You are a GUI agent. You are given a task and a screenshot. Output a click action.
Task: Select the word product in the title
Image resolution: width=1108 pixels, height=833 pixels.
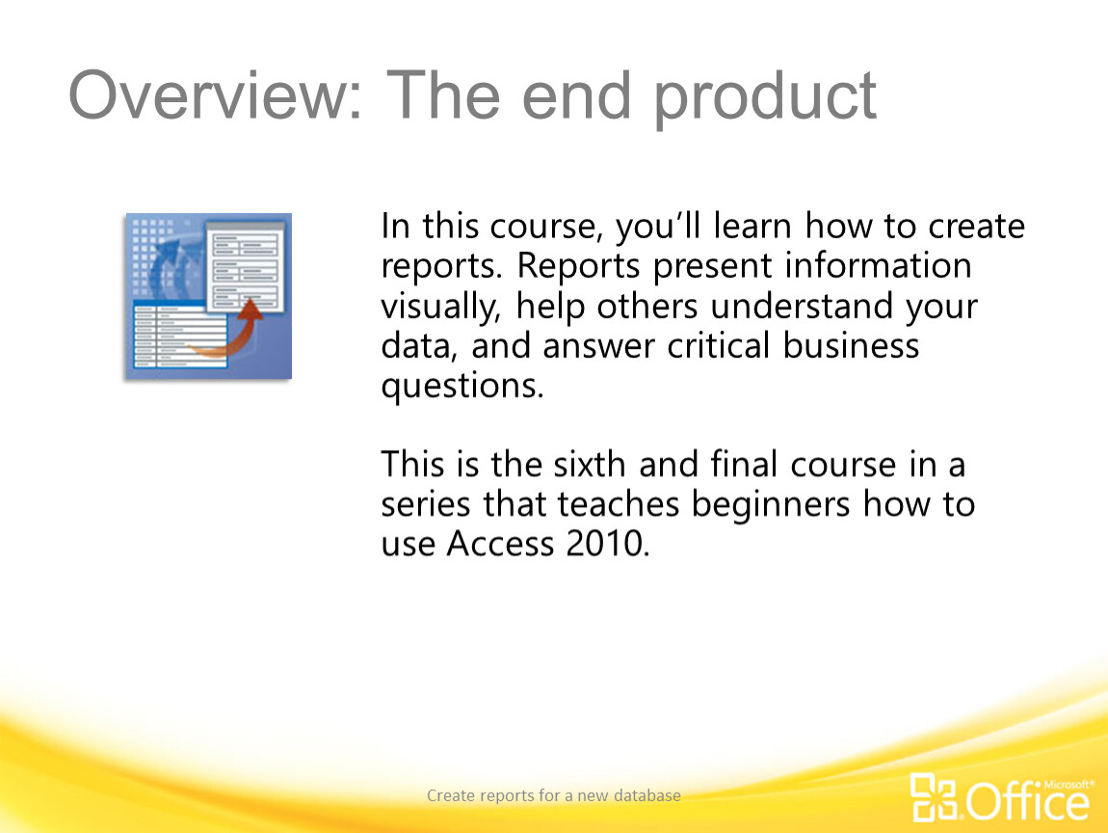tap(765, 98)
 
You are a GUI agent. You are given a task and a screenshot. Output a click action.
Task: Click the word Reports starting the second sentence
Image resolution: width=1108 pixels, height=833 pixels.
tap(578, 267)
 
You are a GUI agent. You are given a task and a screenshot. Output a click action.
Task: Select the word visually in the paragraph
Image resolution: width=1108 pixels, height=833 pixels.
tap(439, 308)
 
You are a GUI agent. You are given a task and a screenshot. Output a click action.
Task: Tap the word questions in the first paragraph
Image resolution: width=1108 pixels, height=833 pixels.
tap(462, 387)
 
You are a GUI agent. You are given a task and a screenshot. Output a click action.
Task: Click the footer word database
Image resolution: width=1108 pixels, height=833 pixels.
tap(647, 795)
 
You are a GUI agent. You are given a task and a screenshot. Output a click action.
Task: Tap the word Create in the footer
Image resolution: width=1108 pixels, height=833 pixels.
tap(451, 795)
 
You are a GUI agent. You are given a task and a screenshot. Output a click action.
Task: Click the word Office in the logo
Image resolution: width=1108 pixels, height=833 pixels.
tap(1027, 802)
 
